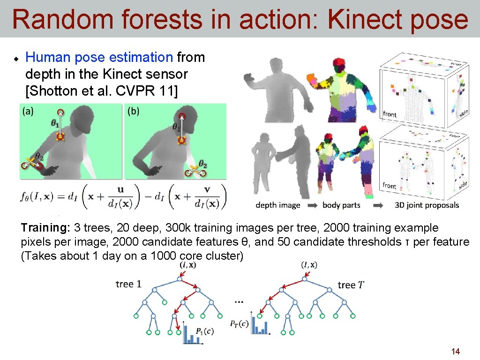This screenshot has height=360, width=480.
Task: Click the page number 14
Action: tap(455, 351)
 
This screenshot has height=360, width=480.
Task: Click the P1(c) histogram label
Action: tap(204, 331)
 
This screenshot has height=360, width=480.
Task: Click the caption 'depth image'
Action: tap(278, 205)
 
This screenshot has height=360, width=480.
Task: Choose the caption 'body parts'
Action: tap(341, 205)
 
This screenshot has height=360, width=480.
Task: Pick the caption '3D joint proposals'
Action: tap(427, 205)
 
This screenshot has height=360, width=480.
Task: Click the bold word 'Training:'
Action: tap(45, 228)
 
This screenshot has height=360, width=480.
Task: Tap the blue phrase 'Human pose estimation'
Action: tap(99, 58)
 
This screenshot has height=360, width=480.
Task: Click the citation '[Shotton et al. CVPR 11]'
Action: tap(102, 90)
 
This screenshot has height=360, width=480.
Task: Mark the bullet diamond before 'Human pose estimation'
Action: tap(15, 59)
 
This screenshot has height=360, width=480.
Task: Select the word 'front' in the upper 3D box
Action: tap(390, 113)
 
